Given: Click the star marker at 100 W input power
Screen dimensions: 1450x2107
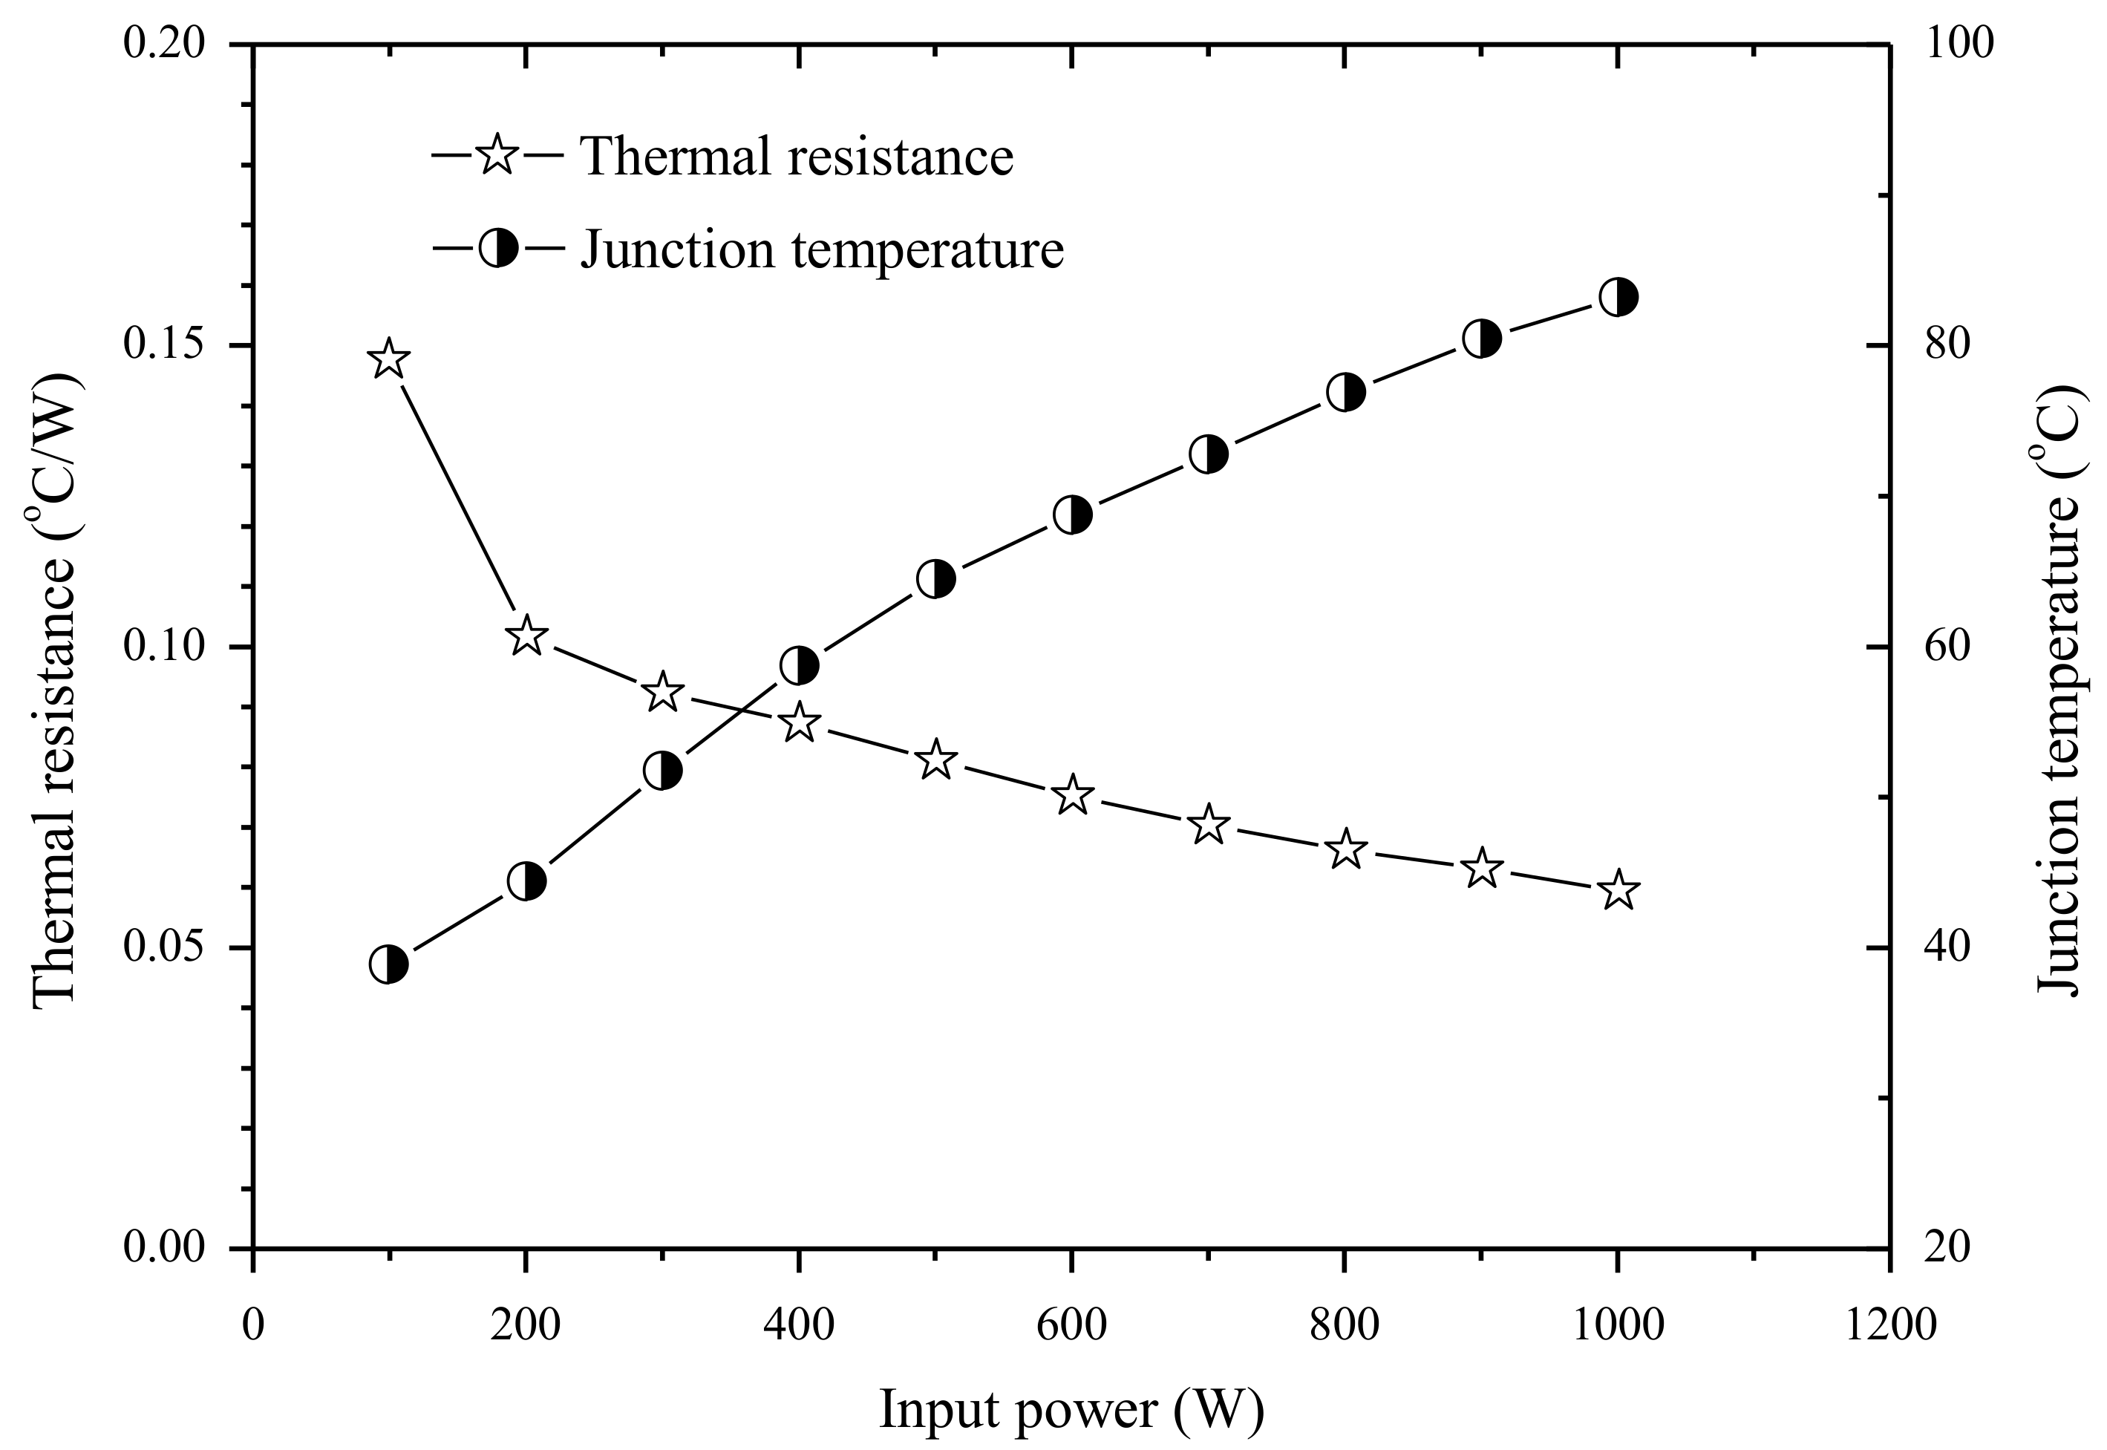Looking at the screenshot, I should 389,359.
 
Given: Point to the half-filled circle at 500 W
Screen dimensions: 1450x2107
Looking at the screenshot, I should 936,578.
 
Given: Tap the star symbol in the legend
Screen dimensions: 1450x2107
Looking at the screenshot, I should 498,155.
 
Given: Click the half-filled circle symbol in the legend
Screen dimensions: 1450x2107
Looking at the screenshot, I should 498,247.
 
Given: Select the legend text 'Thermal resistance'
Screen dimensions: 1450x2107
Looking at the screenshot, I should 797,156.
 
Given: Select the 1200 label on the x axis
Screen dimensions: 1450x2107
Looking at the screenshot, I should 1891,1325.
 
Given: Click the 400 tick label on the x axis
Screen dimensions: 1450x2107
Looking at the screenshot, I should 799,1325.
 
